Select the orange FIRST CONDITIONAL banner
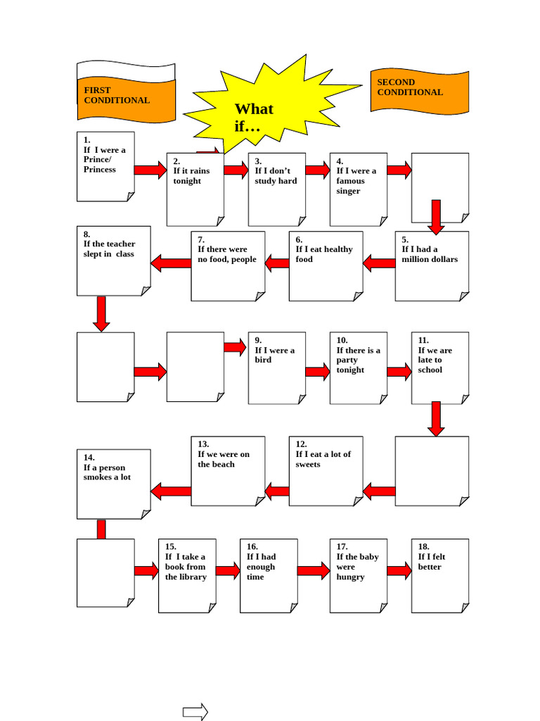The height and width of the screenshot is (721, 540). pyautogui.click(x=126, y=94)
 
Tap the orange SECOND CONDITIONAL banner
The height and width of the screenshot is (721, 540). pyautogui.click(x=419, y=91)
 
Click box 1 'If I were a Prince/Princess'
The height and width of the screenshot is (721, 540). pyautogui.click(x=105, y=167)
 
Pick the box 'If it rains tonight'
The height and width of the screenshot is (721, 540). pyautogui.click(x=195, y=189)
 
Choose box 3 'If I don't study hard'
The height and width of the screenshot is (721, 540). pyautogui.click(x=276, y=189)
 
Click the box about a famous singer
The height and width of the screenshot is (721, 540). pyautogui.click(x=358, y=189)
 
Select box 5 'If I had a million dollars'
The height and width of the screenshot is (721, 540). pyautogui.click(x=432, y=266)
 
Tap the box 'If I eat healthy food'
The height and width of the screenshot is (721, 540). pyautogui.click(x=326, y=266)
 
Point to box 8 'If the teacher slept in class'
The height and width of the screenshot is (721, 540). pyautogui.click(x=113, y=261)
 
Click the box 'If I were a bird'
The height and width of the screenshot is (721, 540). pyautogui.click(x=276, y=368)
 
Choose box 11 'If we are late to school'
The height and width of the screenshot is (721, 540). pyautogui.click(x=439, y=368)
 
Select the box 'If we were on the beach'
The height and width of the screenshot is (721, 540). pyautogui.click(x=228, y=470)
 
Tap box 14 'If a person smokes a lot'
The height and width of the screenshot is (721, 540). pyautogui.click(x=113, y=484)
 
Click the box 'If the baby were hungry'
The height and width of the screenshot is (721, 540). pyautogui.click(x=358, y=575)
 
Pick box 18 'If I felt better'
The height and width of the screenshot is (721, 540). pyautogui.click(x=439, y=575)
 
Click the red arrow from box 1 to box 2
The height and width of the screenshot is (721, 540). pyautogui.click(x=150, y=170)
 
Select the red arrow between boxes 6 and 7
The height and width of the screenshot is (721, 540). pyautogui.click(x=276, y=263)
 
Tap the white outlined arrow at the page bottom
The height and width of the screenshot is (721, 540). pyautogui.click(x=195, y=712)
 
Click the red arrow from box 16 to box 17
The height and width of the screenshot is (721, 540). pyautogui.click(x=313, y=570)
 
